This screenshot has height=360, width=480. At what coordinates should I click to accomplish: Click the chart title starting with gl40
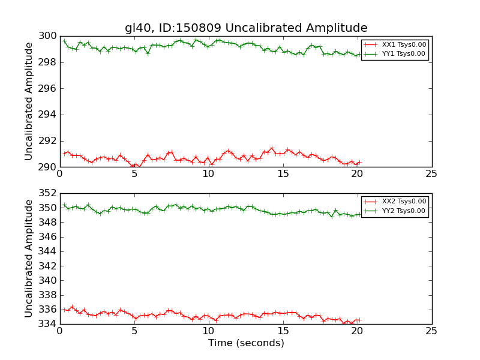(x=246, y=28)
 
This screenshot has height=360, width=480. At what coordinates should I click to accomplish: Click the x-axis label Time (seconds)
(x=246, y=343)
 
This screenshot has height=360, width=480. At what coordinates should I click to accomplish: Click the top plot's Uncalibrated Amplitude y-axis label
(x=29, y=101)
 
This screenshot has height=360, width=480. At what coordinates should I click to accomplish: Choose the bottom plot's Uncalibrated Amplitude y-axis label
(x=29, y=259)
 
